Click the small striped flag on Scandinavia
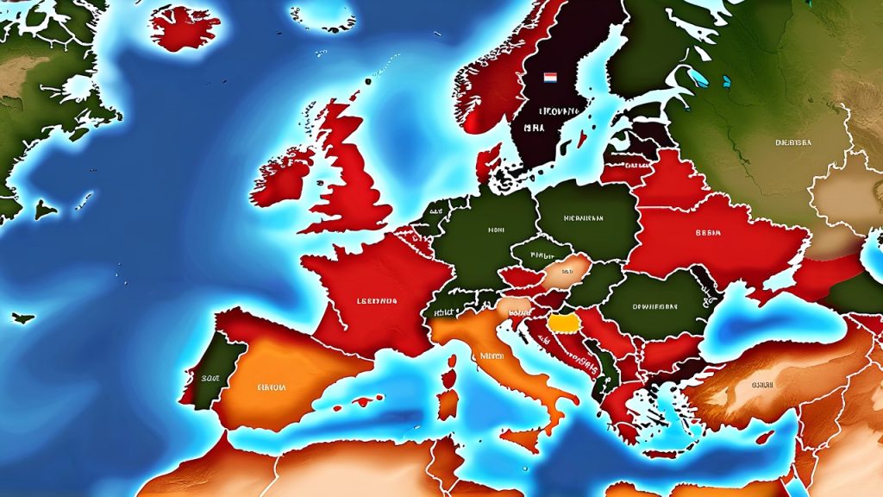point(550,79)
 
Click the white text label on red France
point(376,302)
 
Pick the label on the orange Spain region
point(272,387)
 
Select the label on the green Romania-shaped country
point(655,305)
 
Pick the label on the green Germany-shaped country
point(495,230)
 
